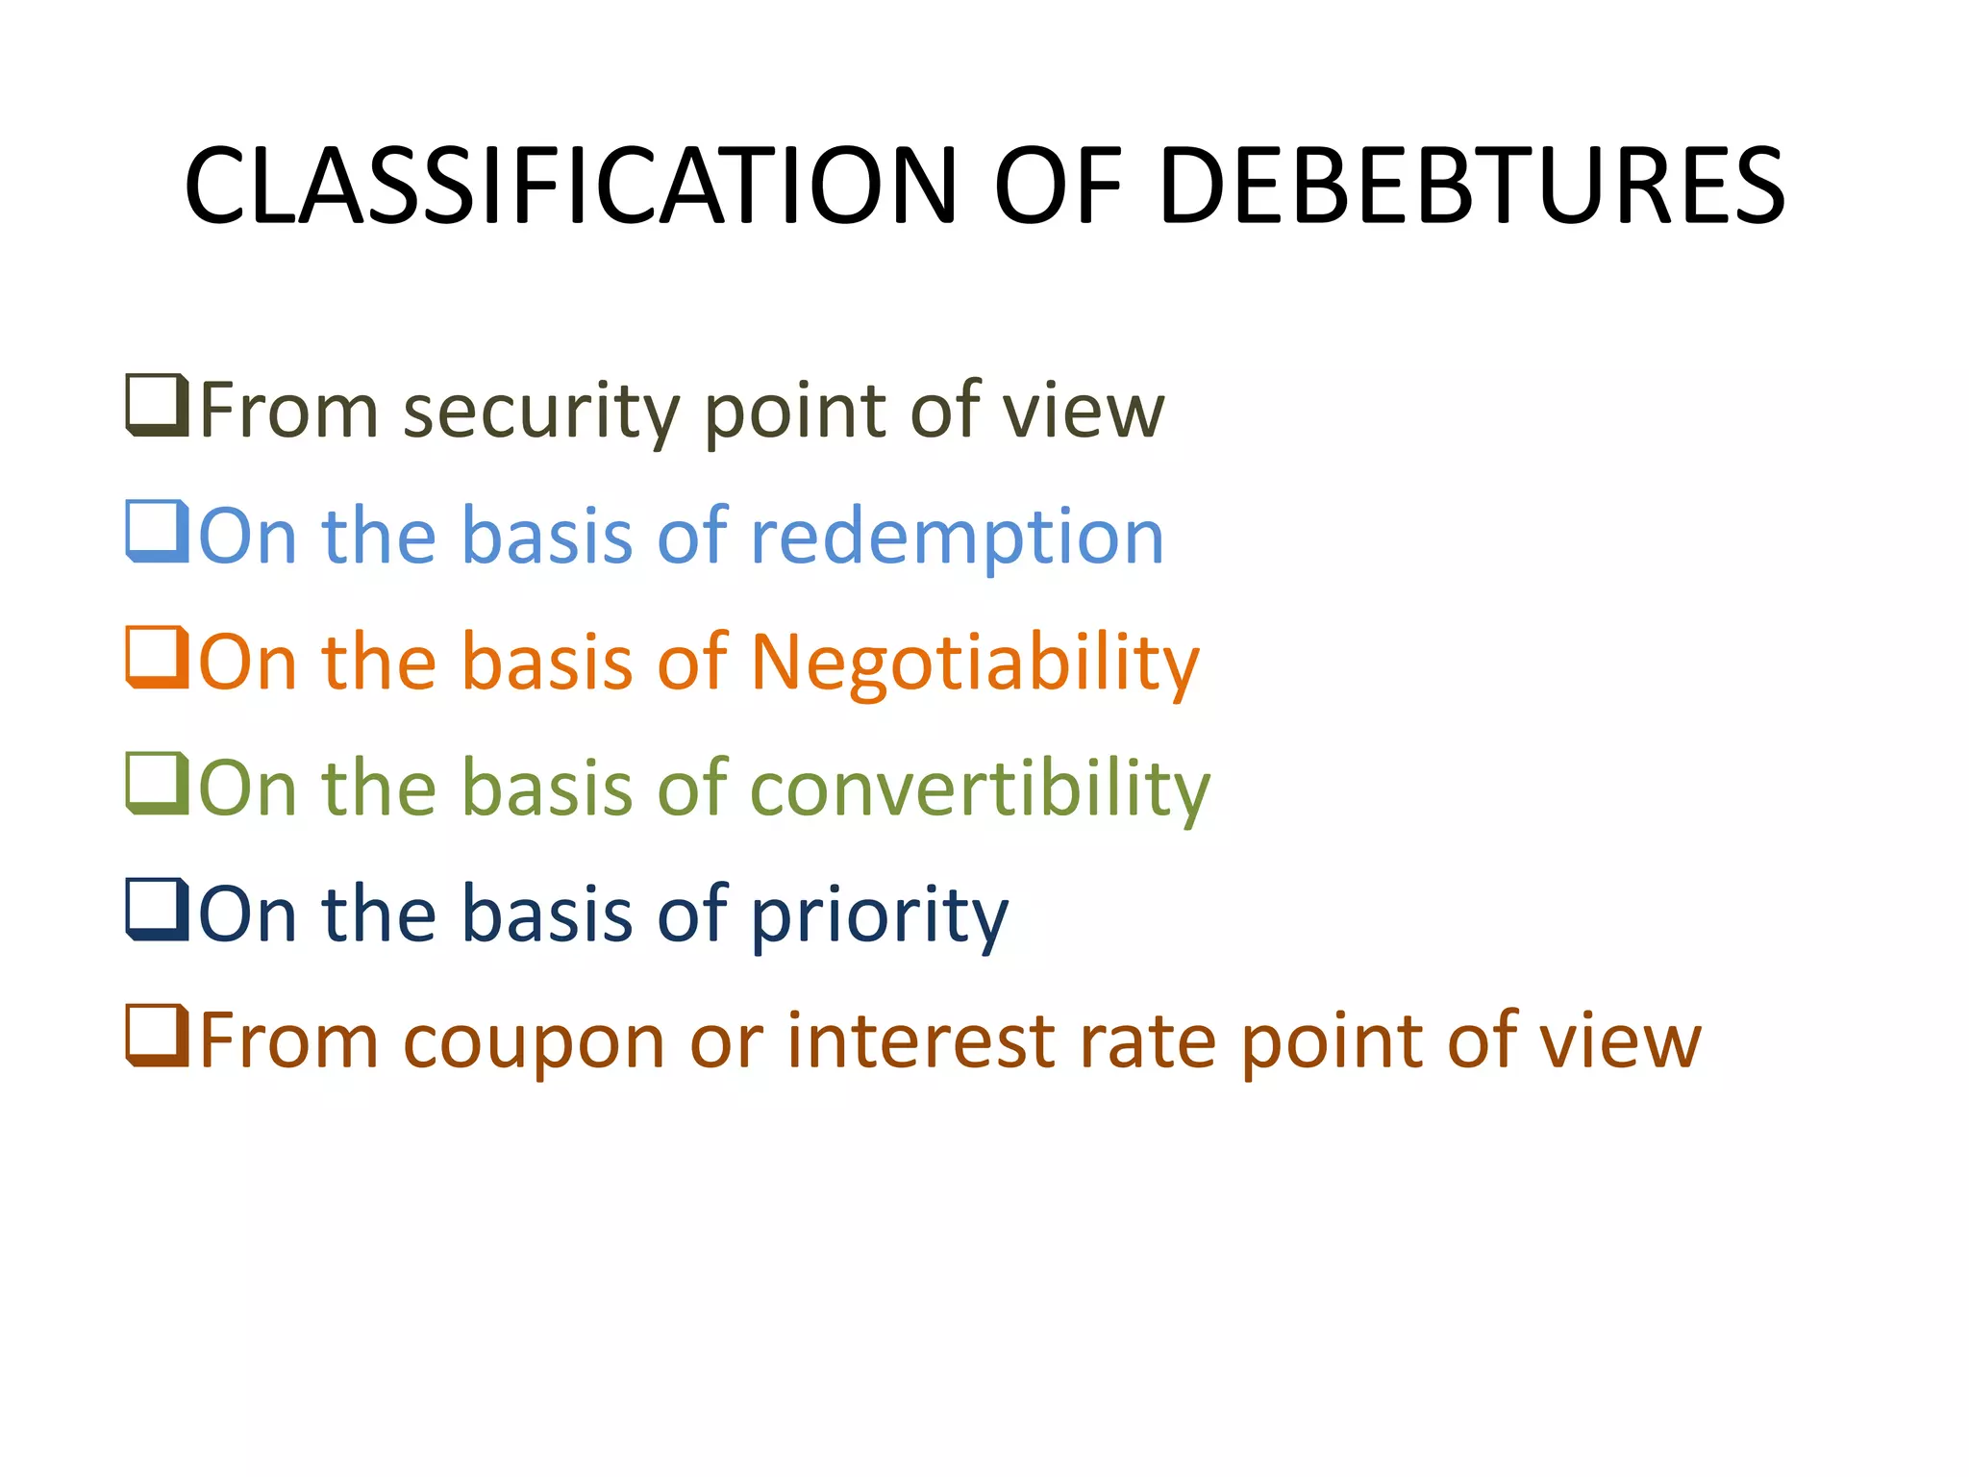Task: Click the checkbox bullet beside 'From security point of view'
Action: pyautogui.click(x=157, y=406)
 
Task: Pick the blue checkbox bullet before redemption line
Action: pyautogui.click(x=157, y=532)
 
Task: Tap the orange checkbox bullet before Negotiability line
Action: pyautogui.click(x=157, y=658)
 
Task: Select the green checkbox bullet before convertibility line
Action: pyautogui.click(x=157, y=784)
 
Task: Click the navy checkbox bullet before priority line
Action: pyautogui.click(x=157, y=910)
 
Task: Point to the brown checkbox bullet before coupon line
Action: pyautogui.click(x=157, y=1036)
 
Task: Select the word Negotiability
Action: pyautogui.click(x=975, y=664)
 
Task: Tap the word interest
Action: pyautogui.click(x=922, y=1040)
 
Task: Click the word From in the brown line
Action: pyautogui.click(x=289, y=1040)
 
